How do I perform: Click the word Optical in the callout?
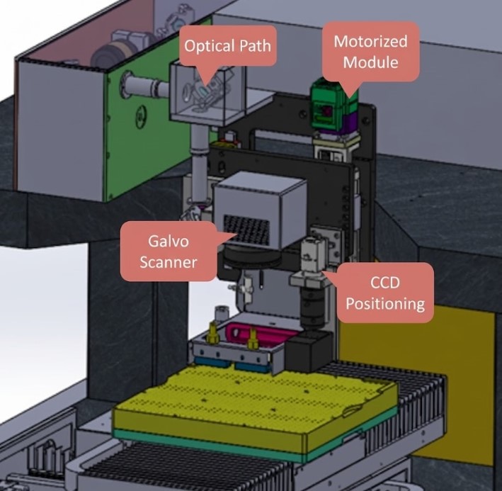coord(206,47)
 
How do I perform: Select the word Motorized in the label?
coord(370,41)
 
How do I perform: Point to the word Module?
coord(370,62)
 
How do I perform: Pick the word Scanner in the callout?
coord(168,263)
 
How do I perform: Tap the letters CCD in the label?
coord(385,283)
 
